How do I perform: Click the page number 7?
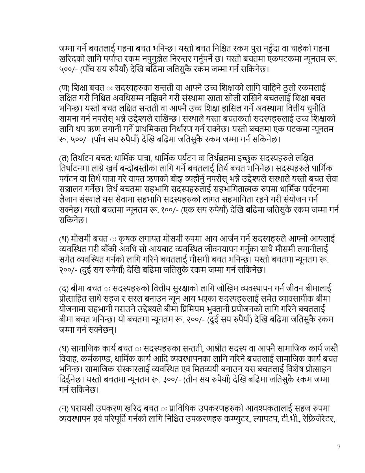click(x=339, y=447)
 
